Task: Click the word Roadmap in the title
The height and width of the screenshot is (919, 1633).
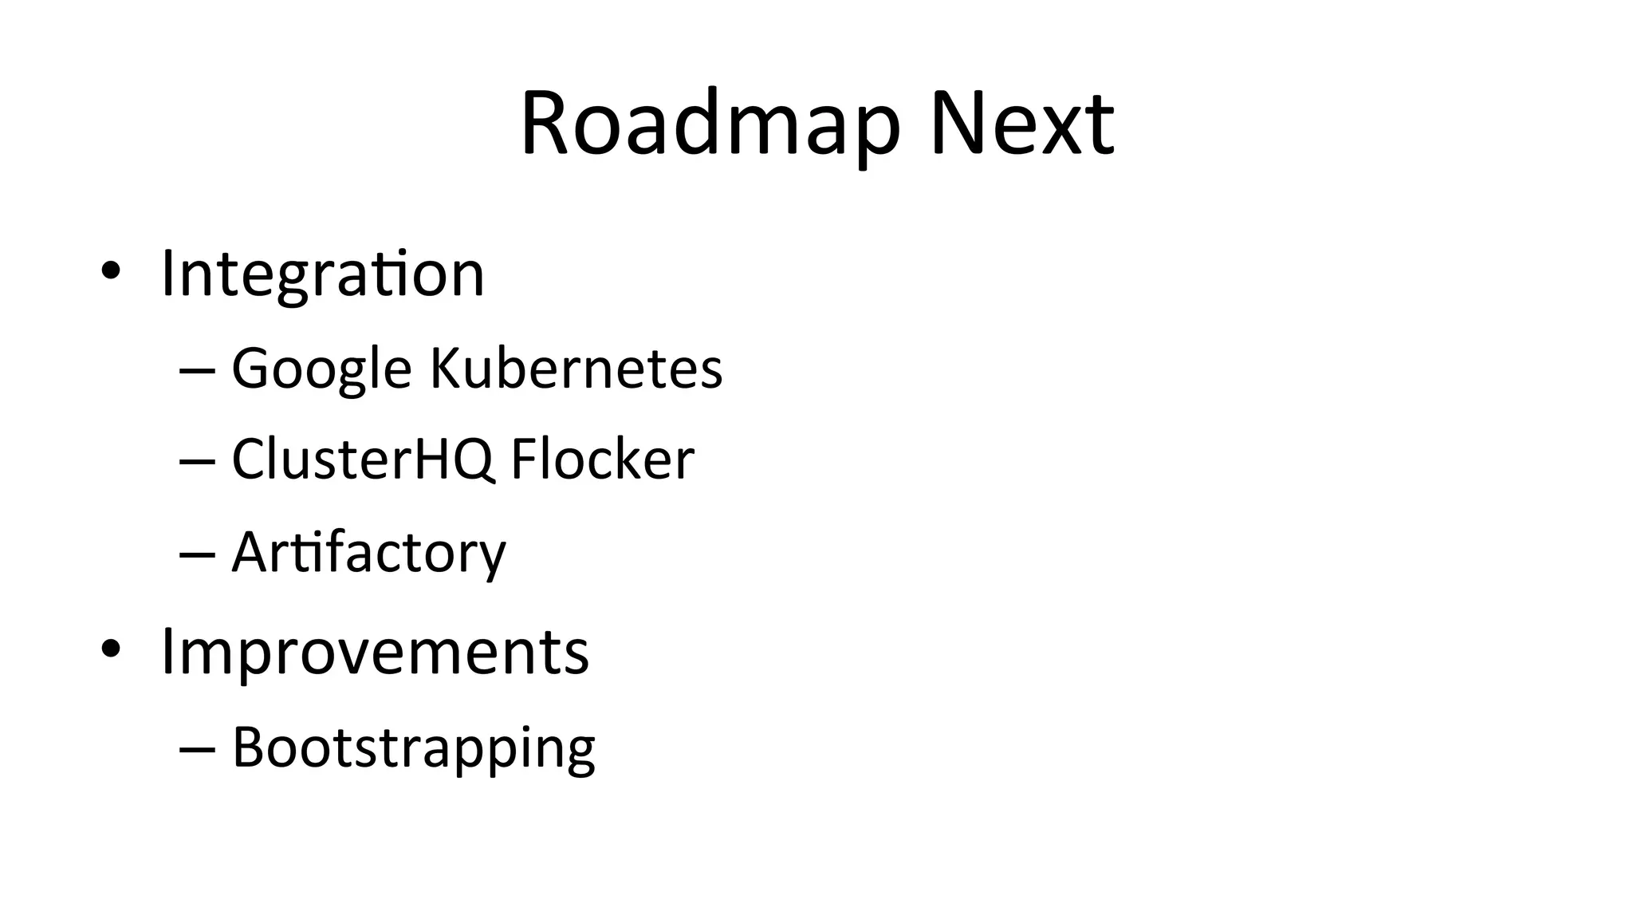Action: point(710,124)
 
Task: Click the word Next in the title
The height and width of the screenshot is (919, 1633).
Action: point(1021,124)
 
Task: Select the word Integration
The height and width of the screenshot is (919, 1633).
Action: point(323,274)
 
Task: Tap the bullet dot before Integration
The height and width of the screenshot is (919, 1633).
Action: point(111,270)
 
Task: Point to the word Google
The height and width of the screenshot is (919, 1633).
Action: point(321,369)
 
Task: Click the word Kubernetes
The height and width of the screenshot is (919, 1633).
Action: point(576,369)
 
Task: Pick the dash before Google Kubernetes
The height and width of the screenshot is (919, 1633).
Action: point(198,370)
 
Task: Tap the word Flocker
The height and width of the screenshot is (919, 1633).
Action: point(602,459)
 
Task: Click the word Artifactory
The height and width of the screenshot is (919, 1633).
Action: point(368,552)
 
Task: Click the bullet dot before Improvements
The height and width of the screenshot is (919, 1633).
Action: point(111,649)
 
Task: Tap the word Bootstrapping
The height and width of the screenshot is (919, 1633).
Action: point(413,748)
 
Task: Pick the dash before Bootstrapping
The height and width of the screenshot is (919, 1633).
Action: point(198,749)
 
